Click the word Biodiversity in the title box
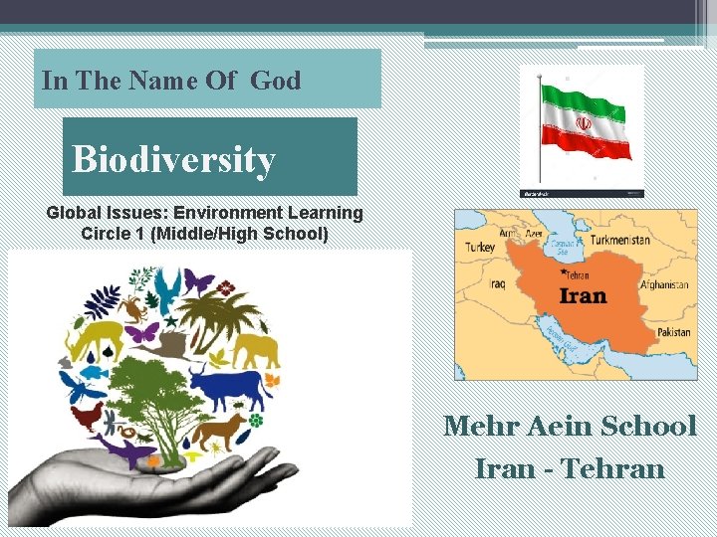coord(173,159)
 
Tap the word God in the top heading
coord(276,81)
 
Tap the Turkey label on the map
coord(480,247)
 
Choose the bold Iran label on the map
coord(583,296)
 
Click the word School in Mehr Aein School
coord(646,427)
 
